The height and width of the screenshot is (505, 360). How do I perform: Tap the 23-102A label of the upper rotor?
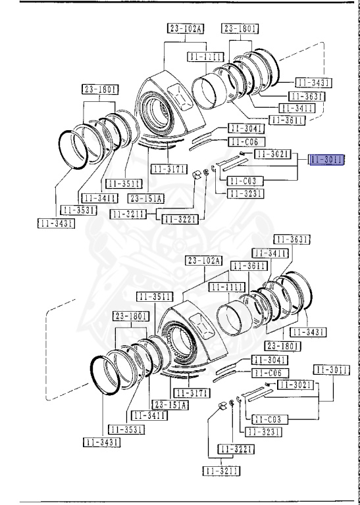(x=186, y=28)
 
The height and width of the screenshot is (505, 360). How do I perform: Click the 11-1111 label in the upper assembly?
(x=205, y=57)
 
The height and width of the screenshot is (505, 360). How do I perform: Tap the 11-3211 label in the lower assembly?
(x=220, y=471)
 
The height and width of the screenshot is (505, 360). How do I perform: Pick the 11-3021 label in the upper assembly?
(x=272, y=154)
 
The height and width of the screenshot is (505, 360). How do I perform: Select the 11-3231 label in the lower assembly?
(x=263, y=431)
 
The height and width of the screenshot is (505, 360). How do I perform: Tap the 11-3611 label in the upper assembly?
(x=289, y=120)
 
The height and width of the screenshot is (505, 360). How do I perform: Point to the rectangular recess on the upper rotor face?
(x=178, y=95)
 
